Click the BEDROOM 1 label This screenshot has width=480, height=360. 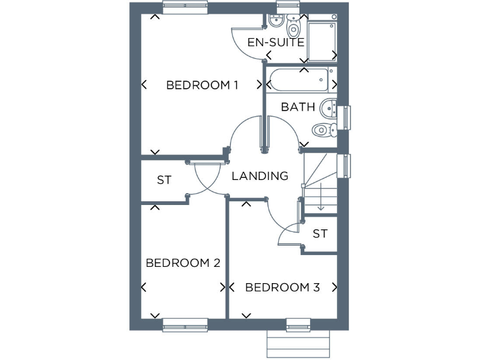coord(202,85)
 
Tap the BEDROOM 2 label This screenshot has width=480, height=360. coord(182,262)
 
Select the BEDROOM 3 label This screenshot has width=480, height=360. coord(282,287)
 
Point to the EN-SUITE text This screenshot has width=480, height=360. coord(276,42)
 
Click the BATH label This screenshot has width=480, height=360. coord(297,107)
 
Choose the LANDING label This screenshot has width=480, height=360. coord(260,176)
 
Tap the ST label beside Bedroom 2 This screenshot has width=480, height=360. coord(164,180)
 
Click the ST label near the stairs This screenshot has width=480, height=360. coord(320,234)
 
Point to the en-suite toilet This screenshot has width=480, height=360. coord(293,28)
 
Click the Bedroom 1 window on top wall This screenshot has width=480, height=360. coord(185,7)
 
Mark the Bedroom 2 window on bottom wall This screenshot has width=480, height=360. coord(185,324)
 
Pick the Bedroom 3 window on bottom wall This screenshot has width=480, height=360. coord(298,324)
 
